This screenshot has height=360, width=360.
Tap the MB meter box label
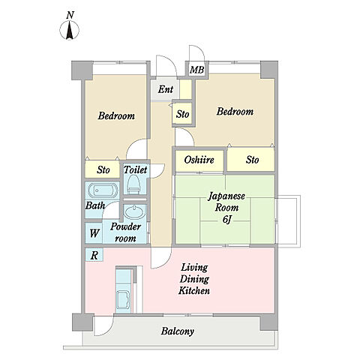[196, 70]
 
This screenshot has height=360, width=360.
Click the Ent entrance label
[166, 89]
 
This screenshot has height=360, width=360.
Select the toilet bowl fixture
[133, 184]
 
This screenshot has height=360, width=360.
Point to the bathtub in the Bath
[102, 190]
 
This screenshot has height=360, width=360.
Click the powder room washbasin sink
[135, 212]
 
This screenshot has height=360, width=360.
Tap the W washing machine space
[94, 233]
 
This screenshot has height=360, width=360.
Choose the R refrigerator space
[94, 255]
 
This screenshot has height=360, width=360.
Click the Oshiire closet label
[199, 160]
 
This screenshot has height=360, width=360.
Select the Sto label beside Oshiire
[252, 160]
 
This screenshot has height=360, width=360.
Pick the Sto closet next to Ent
[183, 114]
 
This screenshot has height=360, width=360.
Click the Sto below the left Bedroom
[103, 169]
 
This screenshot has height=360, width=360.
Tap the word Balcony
[178, 331]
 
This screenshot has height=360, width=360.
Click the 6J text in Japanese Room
[226, 220]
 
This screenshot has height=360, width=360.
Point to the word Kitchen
[194, 291]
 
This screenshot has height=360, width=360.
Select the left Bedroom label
[116, 115]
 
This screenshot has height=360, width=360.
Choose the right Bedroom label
[235, 111]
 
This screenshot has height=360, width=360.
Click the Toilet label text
[136, 169]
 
